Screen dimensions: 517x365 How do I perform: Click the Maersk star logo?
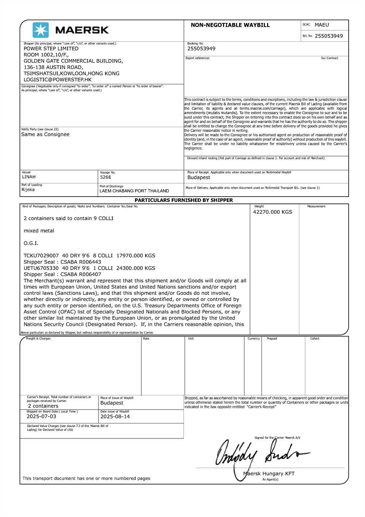(41, 30)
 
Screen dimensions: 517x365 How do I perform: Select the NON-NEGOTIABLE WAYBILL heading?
(230, 25)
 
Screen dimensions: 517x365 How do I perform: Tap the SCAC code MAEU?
(322, 25)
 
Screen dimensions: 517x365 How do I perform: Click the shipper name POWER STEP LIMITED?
(51, 49)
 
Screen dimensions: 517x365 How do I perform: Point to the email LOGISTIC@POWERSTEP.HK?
(58, 79)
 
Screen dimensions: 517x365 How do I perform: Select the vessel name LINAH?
(29, 177)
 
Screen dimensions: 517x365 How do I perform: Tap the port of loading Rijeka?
(28, 190)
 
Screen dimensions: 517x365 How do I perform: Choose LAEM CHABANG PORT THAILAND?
(134, 191)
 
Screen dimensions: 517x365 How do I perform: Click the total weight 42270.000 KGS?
(272, 212)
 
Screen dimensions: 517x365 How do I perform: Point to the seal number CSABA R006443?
(81, 262)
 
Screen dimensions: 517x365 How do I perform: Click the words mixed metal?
(39, 231)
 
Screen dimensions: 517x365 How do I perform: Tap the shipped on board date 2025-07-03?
(41, 417)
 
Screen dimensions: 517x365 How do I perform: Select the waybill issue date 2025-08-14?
(115, 417)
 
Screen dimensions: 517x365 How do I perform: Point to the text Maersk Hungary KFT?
(269, 474)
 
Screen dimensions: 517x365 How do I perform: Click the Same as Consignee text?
(45, 134)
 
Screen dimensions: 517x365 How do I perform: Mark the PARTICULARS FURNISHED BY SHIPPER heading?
(184, 200)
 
